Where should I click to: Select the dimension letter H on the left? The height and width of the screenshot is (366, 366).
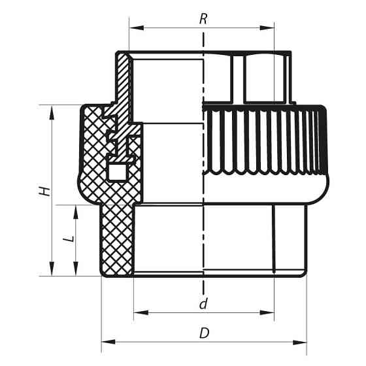tap(44, 192)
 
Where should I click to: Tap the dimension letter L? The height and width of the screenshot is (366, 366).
tap(67, 241)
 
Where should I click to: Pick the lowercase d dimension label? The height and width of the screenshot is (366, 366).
tap(204, 304)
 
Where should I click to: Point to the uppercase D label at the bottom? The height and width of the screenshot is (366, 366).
tap(204, 333)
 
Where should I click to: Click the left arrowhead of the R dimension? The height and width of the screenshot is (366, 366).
tap(133, 27)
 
